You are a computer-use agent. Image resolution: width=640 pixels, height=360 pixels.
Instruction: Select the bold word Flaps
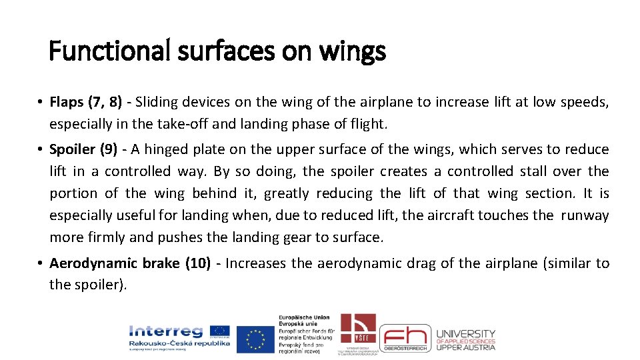pos(67,103)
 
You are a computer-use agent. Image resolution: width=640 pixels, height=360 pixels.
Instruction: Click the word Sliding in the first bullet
pos(155,103)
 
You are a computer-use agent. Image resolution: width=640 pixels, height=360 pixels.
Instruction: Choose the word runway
pos(585,215)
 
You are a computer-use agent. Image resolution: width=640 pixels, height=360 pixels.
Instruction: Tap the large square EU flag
pos(255,339)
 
